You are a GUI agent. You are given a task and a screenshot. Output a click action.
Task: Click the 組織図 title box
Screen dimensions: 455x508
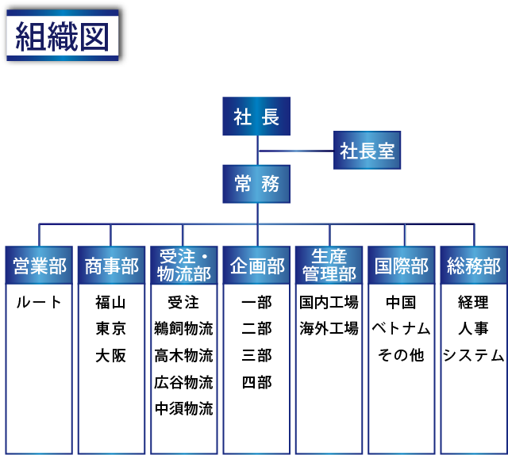pyautogui.click(x=63, y=35)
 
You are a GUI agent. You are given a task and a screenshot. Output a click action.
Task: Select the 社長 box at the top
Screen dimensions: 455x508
pyautogui.click(x=256, y=117)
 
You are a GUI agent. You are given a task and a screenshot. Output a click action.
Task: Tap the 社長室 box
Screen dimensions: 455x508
pyautogui.click(x=367, y=150)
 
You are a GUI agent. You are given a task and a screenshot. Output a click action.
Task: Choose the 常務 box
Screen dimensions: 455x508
pyautogui.click(x=256, y=185)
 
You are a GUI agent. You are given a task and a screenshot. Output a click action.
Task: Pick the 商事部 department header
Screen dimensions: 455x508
pyautogui.click(x=110, y=266)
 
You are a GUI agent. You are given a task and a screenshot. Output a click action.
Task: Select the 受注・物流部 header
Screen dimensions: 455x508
pyautogui.click(x=183, y=266)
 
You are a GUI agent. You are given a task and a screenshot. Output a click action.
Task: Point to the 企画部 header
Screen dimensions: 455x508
pyautogui.click(x=256, y=266)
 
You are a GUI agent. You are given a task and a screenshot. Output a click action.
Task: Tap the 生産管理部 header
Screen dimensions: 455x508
pyautogui.click(x=329, y=266)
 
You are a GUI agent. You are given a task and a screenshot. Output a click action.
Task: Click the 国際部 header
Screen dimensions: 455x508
pyautogui.click(x=401, y=266)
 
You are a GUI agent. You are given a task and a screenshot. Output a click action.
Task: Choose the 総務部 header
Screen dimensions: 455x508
pyautogui.click(x=473, y=266)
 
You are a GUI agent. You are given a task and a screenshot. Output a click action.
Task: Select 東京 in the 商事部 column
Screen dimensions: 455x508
pyautogui.click(x=110, y=329)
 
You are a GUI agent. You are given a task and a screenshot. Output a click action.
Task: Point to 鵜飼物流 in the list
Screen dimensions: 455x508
pyautogui.click(x=183, y=329)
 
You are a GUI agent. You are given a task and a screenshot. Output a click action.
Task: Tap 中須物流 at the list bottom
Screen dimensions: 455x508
pyautogui.click(x=183, y=409)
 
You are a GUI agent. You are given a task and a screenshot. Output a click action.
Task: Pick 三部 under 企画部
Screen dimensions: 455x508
pyautogui.click(x=256, y=356)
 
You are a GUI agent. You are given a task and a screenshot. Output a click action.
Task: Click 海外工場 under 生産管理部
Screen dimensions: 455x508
pyautogui.click(x=329, y=329)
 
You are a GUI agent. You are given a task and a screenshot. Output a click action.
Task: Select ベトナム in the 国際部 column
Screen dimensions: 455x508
pyautogui.click(x=401, y=329)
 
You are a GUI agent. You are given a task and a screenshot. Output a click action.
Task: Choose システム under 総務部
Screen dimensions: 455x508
pyautogui.click(x=473, y=356)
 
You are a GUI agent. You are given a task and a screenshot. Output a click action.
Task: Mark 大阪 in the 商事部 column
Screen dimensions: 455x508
pyautogui.click(x=110, y=356)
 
